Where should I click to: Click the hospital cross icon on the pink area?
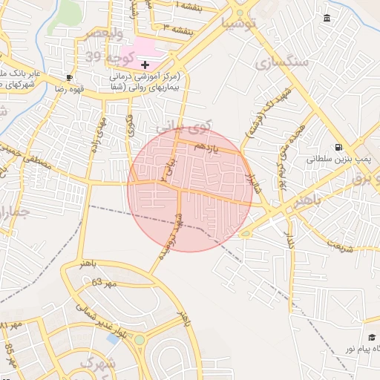(x=145, y=65)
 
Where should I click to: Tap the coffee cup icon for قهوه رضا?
(x=69, y=76)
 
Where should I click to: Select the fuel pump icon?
(x=338, y=147)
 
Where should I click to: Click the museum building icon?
(x=327, y=18)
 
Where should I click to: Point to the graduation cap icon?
(x=372, y=338)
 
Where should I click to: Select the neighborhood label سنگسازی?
(x=281, y=62)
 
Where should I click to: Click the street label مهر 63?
(x=105, y=283)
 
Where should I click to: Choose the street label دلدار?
(x=290, y=240)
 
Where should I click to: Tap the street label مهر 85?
(x=11, y=355)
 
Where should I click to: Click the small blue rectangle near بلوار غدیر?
(x=113, y=338)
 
